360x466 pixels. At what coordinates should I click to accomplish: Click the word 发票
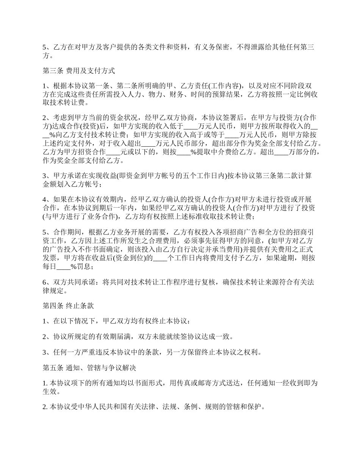52,258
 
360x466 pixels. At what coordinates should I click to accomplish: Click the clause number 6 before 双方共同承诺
44,282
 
